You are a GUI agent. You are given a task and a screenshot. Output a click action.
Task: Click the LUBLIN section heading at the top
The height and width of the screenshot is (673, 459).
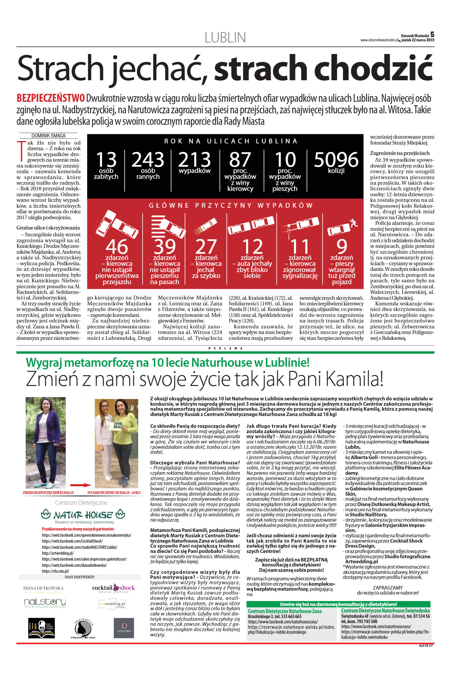coord(225,38)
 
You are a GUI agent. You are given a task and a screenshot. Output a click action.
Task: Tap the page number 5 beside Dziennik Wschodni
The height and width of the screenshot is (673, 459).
coord(432,35)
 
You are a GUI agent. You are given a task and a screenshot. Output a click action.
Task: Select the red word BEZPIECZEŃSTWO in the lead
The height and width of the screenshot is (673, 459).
coord(51,98)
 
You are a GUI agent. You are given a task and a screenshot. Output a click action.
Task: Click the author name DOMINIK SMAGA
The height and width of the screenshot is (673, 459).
coord(48,136)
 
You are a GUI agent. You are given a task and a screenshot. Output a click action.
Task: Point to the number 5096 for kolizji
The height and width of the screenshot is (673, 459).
coord(336,160)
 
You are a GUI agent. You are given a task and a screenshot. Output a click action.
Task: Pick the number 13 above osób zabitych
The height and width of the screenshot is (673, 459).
coord(106,160)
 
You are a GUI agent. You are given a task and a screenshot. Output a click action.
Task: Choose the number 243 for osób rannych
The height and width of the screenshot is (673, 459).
coord(148,160)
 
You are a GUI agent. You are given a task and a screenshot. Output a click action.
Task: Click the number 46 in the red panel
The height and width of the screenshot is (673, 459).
coord(117,247)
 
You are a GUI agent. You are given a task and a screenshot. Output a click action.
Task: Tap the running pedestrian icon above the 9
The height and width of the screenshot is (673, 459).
coord(353,223)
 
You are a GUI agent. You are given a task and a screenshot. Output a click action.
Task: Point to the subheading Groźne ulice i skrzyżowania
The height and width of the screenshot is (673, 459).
coord(48,228)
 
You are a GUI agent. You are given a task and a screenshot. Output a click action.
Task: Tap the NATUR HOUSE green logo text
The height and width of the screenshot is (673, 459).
coord(83,515)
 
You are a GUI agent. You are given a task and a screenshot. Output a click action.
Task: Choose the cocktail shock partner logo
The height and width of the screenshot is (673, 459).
coord(113,588)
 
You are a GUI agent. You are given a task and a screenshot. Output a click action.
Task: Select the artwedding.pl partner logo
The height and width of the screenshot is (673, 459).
coord(112,604)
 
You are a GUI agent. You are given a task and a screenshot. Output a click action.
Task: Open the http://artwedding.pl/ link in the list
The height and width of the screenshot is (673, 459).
coord(58,553)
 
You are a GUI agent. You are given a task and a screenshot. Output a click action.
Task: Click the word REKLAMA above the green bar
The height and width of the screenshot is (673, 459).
coord(225,348)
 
